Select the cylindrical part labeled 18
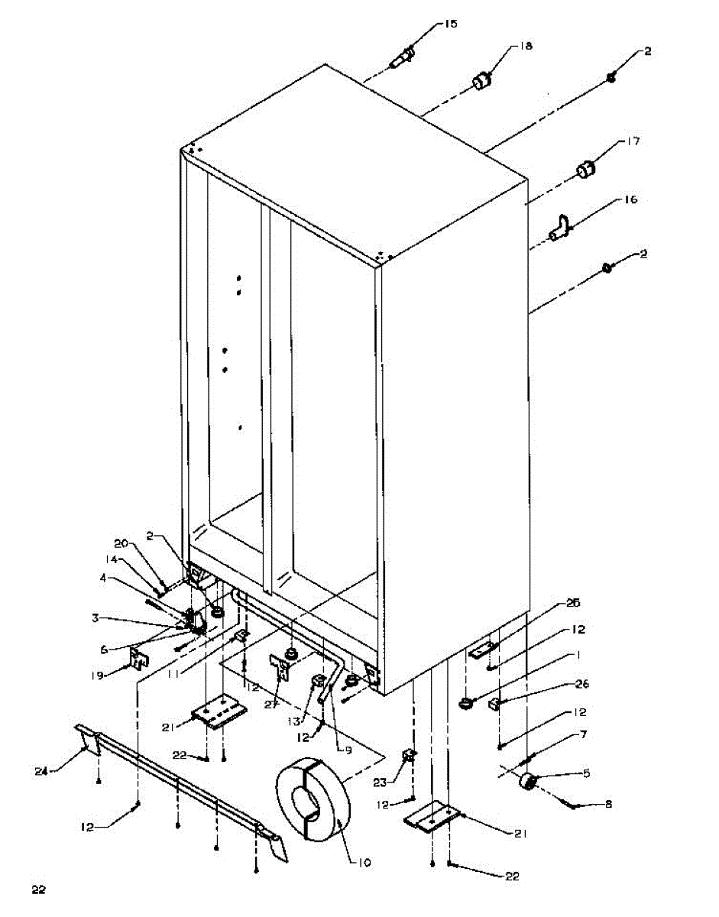481,79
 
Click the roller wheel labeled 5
526,783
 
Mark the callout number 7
583,734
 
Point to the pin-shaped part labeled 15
403,58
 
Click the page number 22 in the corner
38,889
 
